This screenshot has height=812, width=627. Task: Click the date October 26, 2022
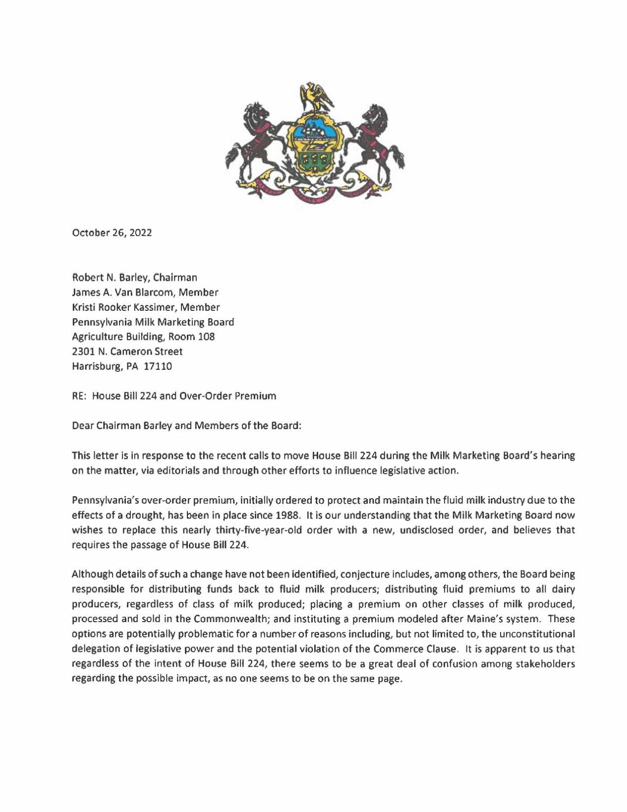coord(112,232)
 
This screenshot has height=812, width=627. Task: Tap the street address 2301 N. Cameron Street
coord(127,351)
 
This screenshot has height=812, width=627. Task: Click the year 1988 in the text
coord(286,515)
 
